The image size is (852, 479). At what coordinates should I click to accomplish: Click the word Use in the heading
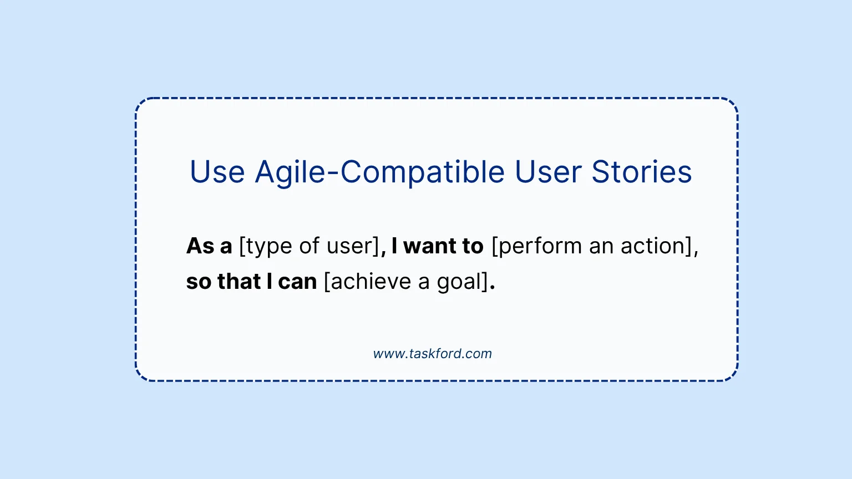pos(217,172)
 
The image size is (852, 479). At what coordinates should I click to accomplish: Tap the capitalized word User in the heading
pos(548,172)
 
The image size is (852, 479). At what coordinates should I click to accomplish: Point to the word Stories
pos(642,172)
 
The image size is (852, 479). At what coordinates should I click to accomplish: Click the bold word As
pos(200,246)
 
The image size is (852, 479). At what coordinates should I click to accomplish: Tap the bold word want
pos(429,246)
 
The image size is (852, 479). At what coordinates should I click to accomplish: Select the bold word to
pos(473,246)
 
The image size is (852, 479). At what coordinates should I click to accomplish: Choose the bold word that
pos(239,281)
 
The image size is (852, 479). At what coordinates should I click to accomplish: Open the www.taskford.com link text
pos(433,354)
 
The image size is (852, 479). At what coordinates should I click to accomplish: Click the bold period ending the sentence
pos(493,288)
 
